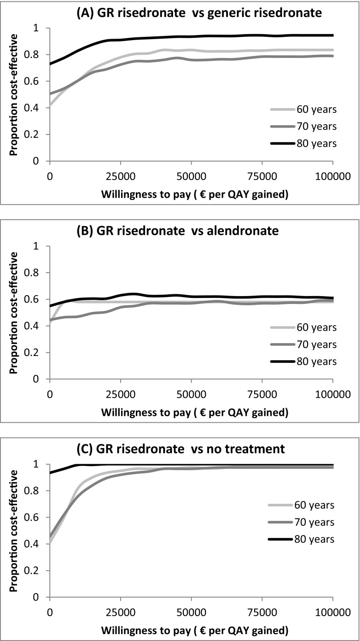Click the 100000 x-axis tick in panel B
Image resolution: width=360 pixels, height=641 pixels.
pos(332,395)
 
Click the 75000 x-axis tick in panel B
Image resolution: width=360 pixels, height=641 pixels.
pos(262,395)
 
